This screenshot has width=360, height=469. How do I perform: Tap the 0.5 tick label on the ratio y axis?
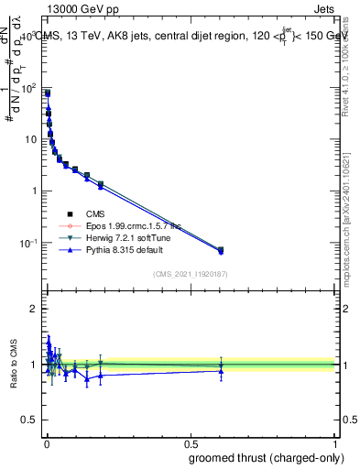32,420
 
